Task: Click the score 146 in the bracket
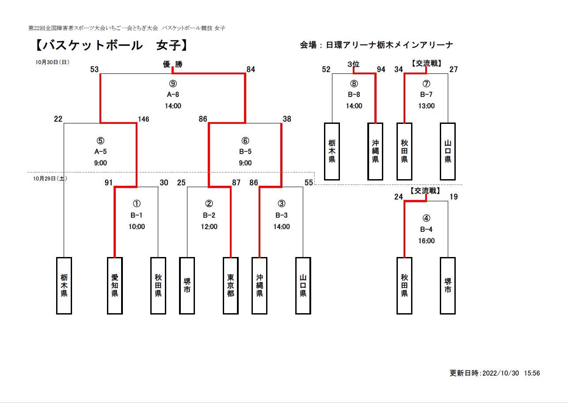[144, 119]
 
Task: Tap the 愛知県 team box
[115, 286]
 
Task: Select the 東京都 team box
[231, 286]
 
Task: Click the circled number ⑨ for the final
[173, 84]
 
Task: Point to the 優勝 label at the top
[173, 64]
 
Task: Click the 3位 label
[354, 64]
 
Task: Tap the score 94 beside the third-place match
[381, 69]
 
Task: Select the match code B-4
[426, 230]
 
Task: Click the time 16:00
[427, 241]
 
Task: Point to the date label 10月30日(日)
[53, 62]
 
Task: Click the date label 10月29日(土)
[50, 179]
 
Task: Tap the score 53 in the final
[94, 69]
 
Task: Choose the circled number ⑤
[100, 141]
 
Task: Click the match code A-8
[173, 95]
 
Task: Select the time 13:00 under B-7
[427, 106]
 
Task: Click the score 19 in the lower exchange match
[454, 197]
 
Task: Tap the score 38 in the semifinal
[287, 119]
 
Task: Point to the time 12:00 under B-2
[209, 226]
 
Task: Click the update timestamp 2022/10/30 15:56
[511, 373]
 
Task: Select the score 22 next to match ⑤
[58, 119]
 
